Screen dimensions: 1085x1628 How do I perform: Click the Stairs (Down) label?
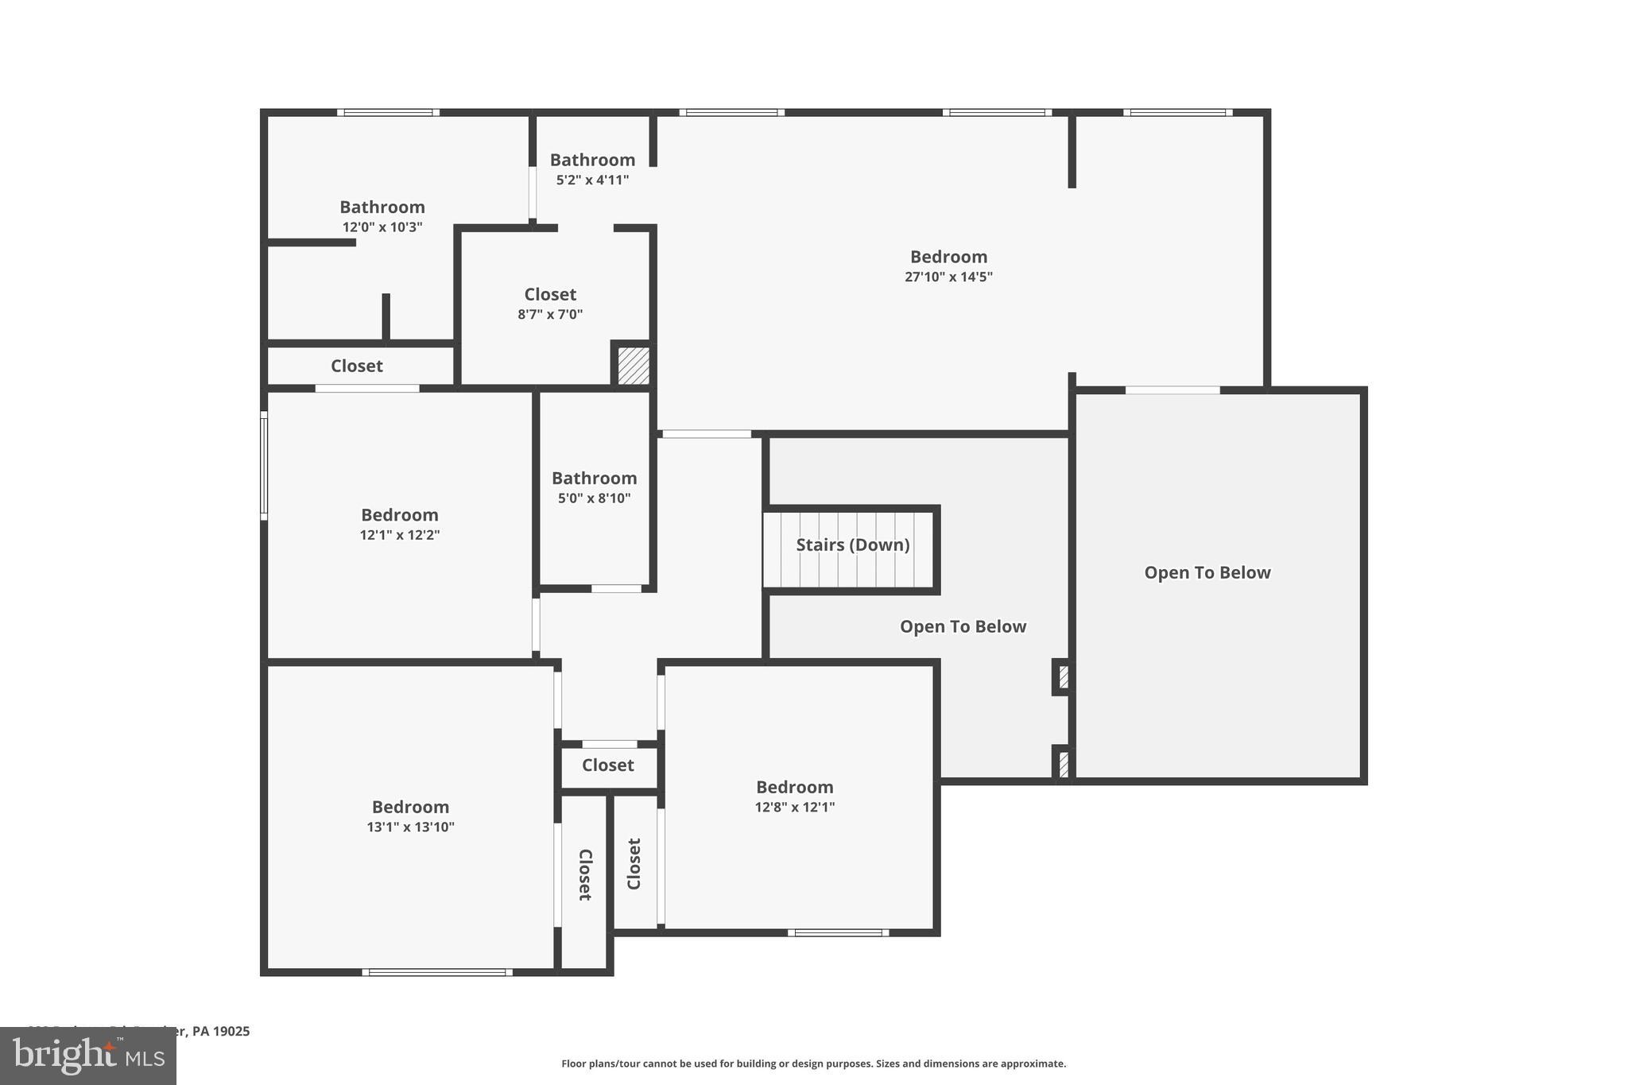pos(852,545)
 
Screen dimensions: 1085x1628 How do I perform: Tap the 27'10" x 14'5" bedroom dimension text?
pos(948,277)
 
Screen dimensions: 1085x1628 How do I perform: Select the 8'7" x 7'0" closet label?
pos(550,295)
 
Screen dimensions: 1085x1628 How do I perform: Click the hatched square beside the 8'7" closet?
pos(634,366)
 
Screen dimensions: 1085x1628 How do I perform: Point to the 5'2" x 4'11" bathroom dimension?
pos(592,180)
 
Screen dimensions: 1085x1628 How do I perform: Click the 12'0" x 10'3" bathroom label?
pos(382,207)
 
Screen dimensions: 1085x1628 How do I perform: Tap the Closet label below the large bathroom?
pos(356,366)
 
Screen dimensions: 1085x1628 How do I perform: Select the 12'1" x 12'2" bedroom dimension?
pos(400,535)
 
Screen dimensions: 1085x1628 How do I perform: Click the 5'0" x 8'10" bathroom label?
pos(594,479)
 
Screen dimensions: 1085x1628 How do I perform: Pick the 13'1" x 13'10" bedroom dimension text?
pos(410,827)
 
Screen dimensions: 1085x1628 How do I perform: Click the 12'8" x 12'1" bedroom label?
pos(794,788)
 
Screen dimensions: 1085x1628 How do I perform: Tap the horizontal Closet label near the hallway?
pos(607,765)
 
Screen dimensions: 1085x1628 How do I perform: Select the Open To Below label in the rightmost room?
pos(1207,573)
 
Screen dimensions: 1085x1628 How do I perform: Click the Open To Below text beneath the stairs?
pos(963,627)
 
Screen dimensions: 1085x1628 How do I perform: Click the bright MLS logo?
pos(87,1056)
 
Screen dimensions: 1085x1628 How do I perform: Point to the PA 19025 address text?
pos(220,1032)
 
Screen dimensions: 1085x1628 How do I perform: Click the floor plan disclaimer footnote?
pos(813,1064)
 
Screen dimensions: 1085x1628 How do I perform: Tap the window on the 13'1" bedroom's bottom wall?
pos(437,972)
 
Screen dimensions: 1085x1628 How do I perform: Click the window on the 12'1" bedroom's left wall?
pos(264,469)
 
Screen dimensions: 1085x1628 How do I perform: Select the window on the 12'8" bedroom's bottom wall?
pos(839,932)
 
